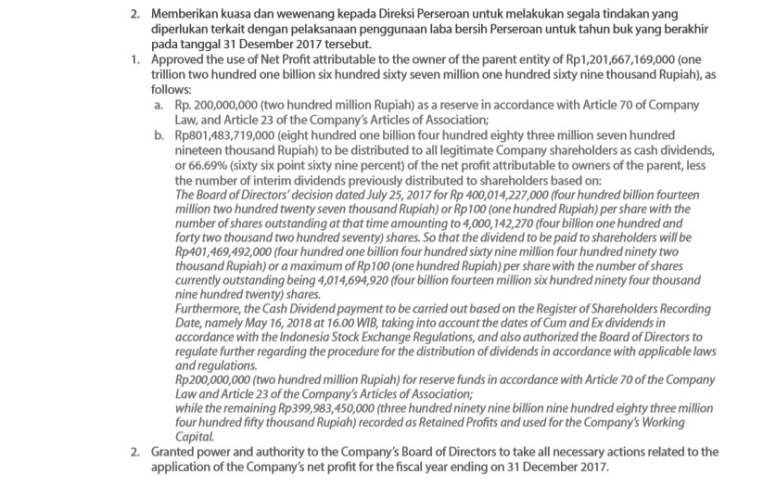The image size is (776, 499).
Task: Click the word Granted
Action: click(175, 453)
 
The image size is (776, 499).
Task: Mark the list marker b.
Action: click(159, 136)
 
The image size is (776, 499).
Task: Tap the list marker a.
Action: click(159, 108)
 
